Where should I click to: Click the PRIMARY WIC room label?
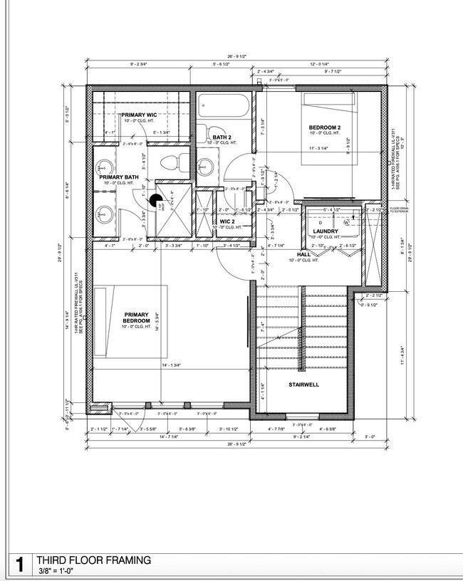pyautogui.click(x=139, y=115)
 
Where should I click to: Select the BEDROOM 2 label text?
pyautogui.click(x=325, y=127)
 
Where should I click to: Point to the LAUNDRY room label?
pyautogui.click(x=326, y=231)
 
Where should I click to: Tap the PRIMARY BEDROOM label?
pyautogui.click(x=136, y=318)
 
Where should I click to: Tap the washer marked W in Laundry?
pyautogui.click(x=346, y=222)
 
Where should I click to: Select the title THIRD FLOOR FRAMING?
pyautogui.click(x=93, y=560)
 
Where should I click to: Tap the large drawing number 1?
pyautogui.click(x=19, y=566)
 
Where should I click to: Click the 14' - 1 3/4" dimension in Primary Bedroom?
pyautogui.click(x=175, y=365)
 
